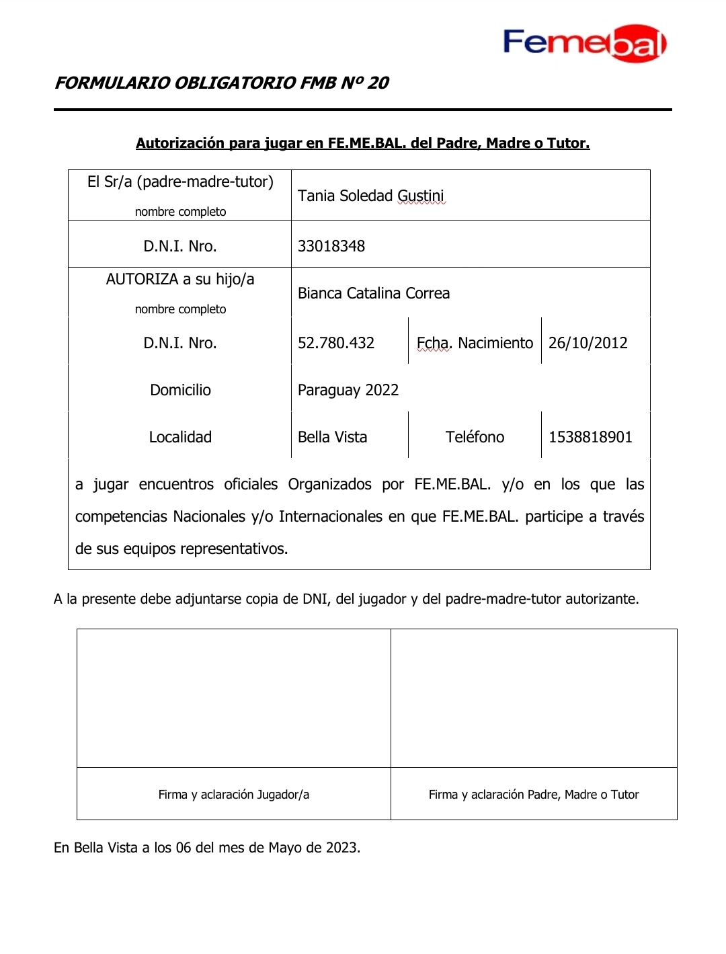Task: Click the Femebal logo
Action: [584, 43]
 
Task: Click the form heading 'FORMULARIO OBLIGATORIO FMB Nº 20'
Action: [222, 83]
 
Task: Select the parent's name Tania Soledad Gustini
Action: [370, 196]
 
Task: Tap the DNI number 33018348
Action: [331, 246]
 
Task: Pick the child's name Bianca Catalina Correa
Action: [373, 293]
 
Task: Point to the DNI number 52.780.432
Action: [335, 343]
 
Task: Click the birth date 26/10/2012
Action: [588, 343]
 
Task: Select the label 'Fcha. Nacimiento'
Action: [475, 343]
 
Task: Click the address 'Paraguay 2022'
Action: [348, 390]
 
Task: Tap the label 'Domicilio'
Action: [180, 390]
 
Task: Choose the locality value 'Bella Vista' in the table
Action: [332, 437]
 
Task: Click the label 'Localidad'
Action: [180, 437]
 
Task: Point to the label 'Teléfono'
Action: [475, 437]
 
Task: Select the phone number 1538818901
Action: [590, 437]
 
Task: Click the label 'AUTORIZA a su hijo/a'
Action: [180, 279]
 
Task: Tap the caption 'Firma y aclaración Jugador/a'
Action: [234, 795]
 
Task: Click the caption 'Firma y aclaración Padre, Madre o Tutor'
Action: [534, 795]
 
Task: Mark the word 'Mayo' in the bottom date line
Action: [285, 848]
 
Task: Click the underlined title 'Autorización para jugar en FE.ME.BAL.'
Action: [362, 143]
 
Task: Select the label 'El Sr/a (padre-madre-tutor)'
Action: [180, 182]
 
